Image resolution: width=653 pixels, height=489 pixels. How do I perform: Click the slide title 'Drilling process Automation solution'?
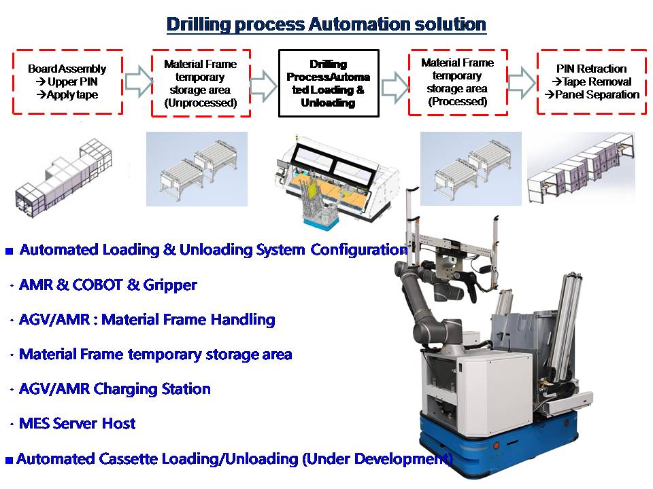pyautogui.click(x=326, y=25)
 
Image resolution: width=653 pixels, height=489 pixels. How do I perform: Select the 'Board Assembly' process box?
pyautogui.click(x=67, y=81)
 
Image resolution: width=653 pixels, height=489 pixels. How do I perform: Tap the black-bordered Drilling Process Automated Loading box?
pyautogui.click(x=329, y=83)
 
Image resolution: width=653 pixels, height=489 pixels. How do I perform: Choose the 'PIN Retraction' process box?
pyautogui.click(x=590, y=81)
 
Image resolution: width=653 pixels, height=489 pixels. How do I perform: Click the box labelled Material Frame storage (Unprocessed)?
pyautogui.click(x=201, y=83)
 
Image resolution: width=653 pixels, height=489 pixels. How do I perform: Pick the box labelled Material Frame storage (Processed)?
pyautogui.click(x=457, y=82)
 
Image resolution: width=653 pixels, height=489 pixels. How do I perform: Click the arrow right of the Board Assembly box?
pyautogui.click(x=137, y=81)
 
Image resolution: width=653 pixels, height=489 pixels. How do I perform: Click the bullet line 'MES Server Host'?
pyautogui.click(x=78, y=424)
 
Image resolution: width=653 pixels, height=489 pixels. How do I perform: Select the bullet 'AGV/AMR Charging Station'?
pyautogui.click(x=115, y=389)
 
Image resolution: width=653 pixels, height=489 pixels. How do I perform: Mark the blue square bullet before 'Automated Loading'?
pyautogui.click(x=10, y=251)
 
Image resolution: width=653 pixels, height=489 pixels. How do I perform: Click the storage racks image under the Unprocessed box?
pyautogui.click(x=197, y=170)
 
